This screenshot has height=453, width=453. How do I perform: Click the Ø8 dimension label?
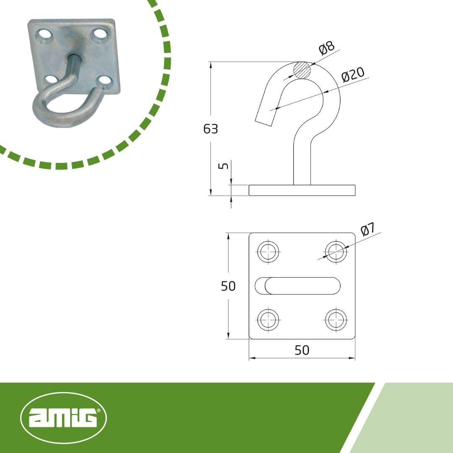pos(327,48)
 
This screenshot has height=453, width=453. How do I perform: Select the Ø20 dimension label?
pos(353,75)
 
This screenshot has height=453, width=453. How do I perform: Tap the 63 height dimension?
pos(211,129)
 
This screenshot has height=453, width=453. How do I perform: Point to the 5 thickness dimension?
pos(224,166)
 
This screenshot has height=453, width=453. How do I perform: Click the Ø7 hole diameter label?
pos(368,229)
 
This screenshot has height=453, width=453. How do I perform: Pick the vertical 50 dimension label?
pos(228,286)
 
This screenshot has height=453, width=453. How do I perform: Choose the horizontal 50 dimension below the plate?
pos(302,350)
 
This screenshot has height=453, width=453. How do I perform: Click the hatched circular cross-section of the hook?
pos(302,70)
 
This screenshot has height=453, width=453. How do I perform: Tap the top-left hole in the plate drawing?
pos(268,251)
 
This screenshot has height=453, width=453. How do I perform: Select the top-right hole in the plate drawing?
pos(336,251)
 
